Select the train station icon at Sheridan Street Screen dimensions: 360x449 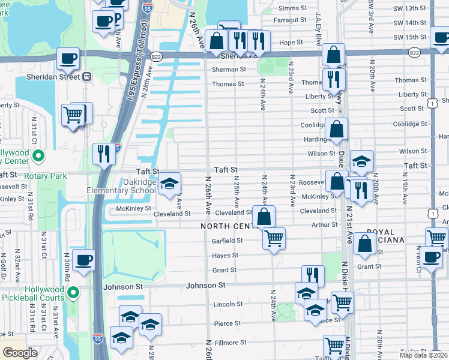tap(87, 77)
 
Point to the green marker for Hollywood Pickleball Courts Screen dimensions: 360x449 tap(74, 293)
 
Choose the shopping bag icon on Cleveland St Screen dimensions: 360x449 tap(263, 216)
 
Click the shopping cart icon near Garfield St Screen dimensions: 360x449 tap(274, 238)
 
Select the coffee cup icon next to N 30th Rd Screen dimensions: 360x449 tap(83, 260)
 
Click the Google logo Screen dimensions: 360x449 tap(20, 353)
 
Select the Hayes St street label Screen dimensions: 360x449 tap(226, 255)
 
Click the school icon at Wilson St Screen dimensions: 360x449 tap(361, 161)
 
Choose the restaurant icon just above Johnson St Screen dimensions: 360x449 tap(312, 275)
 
